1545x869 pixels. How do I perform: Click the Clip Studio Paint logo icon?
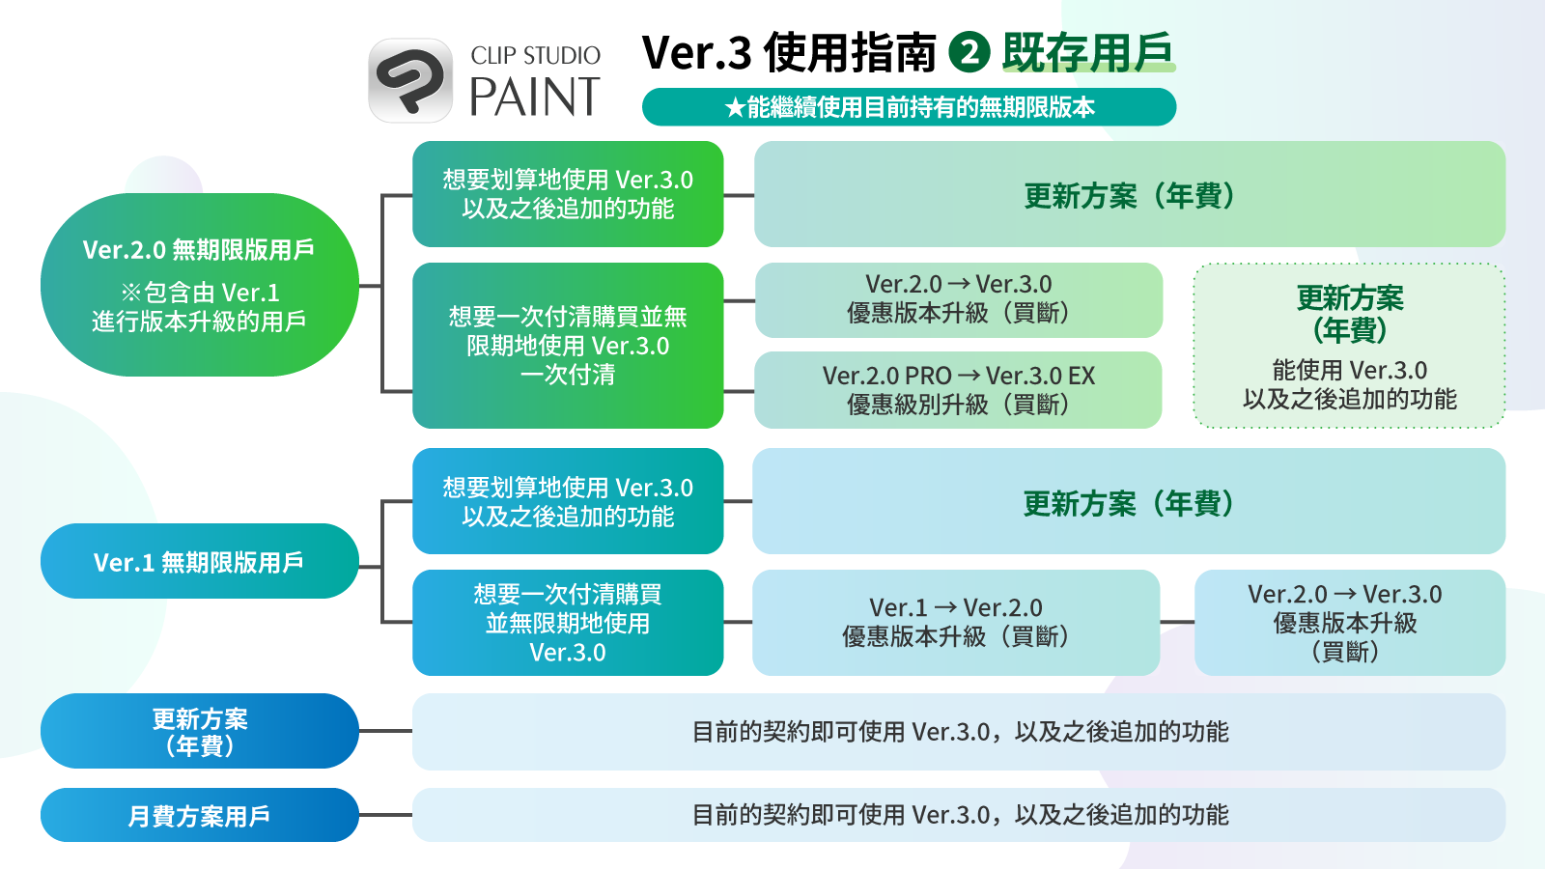point(410,80)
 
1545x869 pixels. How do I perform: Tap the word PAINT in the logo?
point(535,97)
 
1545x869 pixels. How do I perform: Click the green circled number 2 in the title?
point(969,52)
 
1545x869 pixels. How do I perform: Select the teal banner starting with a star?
point(909,107)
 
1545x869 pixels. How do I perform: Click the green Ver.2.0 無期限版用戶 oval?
point(199,285)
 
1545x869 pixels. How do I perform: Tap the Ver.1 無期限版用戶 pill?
point(199,561)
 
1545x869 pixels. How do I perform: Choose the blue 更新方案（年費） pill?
point(199,731)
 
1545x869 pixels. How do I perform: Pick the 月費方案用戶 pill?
point(199,815)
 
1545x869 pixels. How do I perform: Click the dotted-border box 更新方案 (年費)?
point(1349,346)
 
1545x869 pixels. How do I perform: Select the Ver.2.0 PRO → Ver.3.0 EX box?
point(958,390)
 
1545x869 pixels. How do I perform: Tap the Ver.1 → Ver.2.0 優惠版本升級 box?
point(956,622)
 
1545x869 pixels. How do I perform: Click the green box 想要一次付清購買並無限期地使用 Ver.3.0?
point(568,346)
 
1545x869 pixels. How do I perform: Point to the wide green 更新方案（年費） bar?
point(1129,194)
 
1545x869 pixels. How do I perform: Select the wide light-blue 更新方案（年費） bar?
point(1129,501)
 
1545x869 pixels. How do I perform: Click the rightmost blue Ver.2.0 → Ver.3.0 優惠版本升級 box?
point(1349,622)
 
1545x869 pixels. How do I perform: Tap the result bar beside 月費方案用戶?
point(959,815)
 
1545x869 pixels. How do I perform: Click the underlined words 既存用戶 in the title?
point(1088,52)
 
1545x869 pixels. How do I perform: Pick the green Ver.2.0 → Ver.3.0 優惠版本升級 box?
point(958,299)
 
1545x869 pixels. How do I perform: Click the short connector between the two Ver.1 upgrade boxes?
point(1177,622)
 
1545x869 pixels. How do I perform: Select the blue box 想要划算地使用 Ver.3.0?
point(568,501)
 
